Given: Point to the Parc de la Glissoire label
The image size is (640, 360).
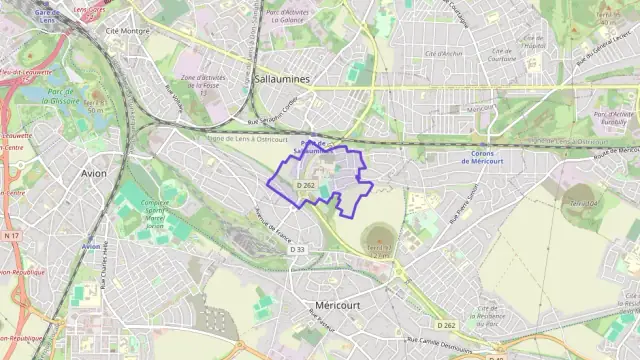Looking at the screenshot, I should pyautogui.click(x=68, y=97).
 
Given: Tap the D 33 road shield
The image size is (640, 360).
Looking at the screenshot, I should pyautogui.click(x=297, y=249).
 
